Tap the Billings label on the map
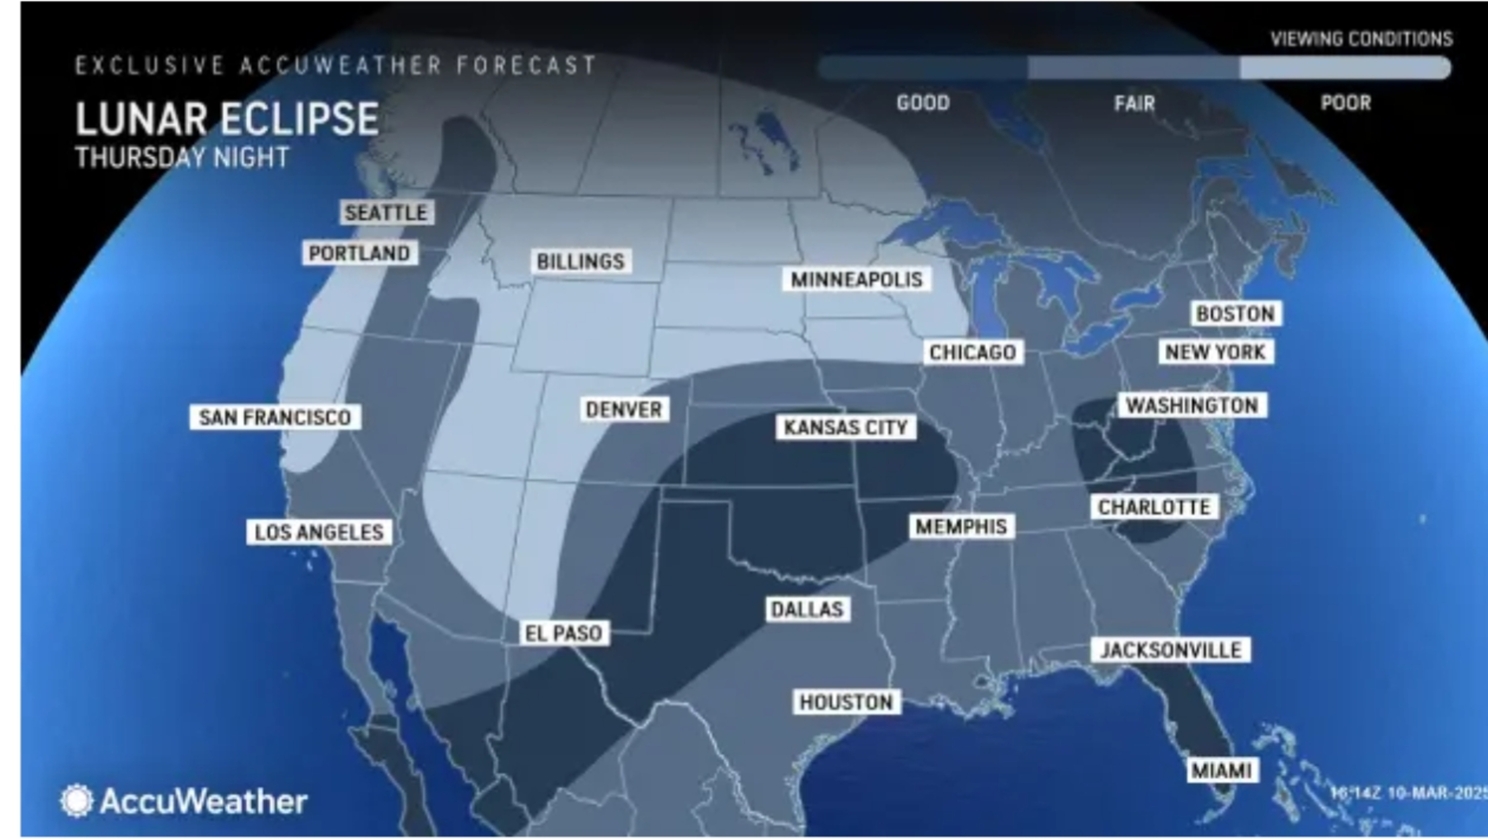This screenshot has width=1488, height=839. (581, 261)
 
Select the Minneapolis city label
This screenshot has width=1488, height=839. (856, 280)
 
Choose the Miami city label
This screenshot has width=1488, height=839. (1222, 770)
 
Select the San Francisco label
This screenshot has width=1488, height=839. (275, 417)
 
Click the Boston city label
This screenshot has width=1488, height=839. (1235, 314)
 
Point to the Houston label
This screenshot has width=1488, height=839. (846, 702)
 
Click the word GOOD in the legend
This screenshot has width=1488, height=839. (923, 103)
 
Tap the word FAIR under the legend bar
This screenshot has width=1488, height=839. (1134, 104)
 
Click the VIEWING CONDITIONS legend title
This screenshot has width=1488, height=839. (1361, 39)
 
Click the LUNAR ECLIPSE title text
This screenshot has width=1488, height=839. (227, 119)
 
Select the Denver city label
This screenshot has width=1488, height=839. (624, 410)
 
